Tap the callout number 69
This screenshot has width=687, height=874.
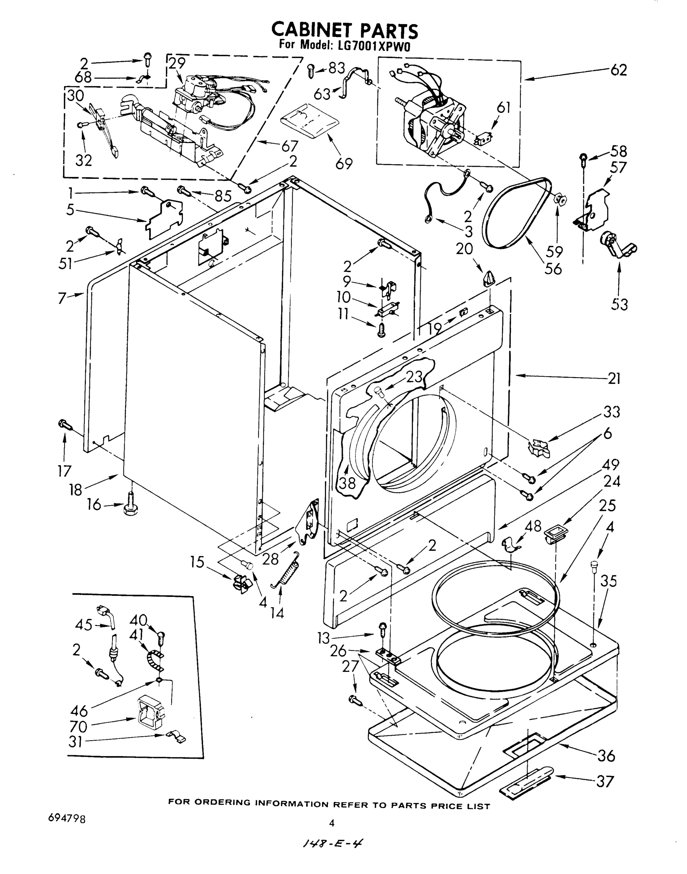click(344, 164)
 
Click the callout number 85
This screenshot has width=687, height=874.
click(223, 196)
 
